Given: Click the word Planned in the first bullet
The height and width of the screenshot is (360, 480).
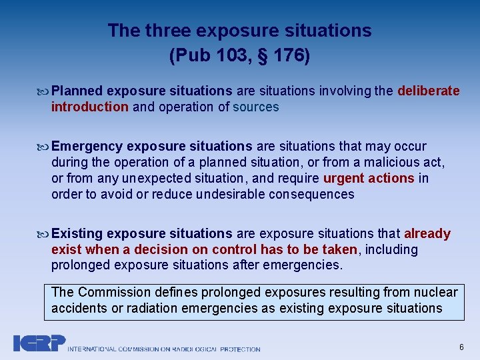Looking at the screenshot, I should pyautogui.click(x=77, y=91).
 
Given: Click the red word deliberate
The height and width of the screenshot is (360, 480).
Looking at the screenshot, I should pyautogui.click(x=428, y=91).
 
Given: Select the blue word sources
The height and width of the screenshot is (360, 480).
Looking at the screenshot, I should pyautogui.click(x=256, y=107).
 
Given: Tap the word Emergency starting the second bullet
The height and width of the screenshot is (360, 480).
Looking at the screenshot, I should pyautogui.click(x=87, y=146).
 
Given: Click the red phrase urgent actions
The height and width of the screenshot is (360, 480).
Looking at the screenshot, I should pyautogui.click(x=369, y=178).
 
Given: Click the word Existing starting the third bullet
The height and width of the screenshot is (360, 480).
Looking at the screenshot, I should pyautogui.click(x=77, y=233).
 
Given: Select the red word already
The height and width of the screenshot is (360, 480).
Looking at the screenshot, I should pyautogui.click(x=427, y=233).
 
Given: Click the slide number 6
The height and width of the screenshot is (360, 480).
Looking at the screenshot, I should pyautogui.click(x=461, y=347).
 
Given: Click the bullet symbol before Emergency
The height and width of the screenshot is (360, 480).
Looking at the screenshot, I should pyautogui.click(x=45, y=147).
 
